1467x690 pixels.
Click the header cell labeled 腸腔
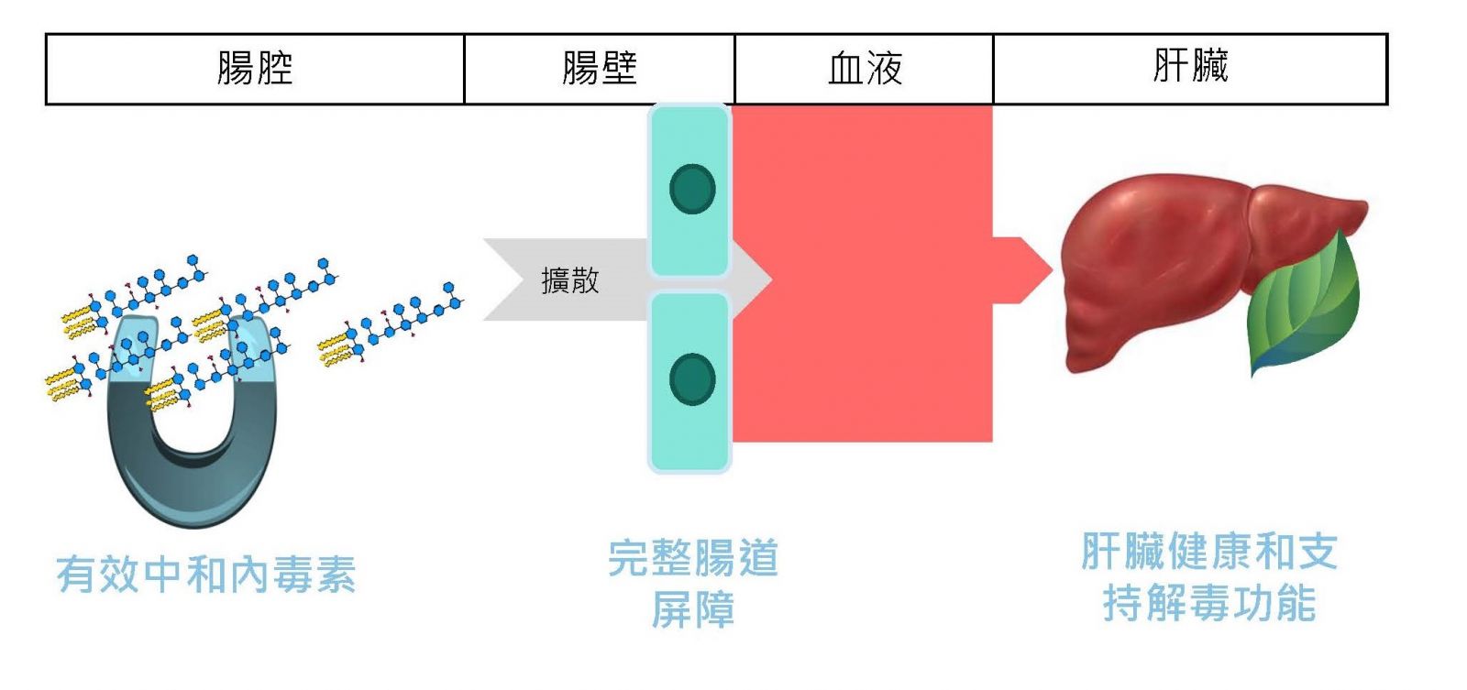point(255,69)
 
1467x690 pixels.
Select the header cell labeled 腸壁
point(600,69)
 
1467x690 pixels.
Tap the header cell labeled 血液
point(865,69)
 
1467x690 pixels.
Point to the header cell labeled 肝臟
point(1190,67)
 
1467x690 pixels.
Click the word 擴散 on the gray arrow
point(569,279)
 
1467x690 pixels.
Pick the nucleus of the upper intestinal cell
point(692,189)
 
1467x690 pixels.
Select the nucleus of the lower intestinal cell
point(692,378)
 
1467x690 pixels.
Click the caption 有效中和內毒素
point(206,575)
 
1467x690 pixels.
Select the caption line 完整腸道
point(693,558)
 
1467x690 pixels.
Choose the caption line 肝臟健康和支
point(1209,552)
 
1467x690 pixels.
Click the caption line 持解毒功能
point(1209,603)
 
